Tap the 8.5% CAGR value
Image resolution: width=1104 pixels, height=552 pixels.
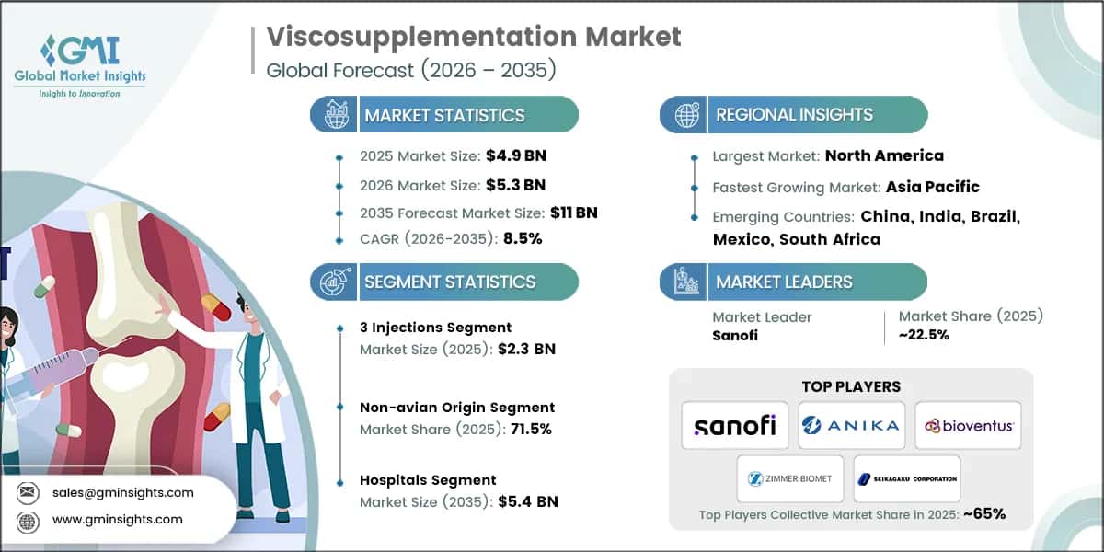coord(523,238)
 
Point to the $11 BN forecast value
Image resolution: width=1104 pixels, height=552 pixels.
coord(574,213)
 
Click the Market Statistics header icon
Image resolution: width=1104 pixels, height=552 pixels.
coord(334,115)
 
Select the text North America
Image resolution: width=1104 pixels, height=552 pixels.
coord(884,155)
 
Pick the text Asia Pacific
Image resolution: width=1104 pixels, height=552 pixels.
coord(932,187)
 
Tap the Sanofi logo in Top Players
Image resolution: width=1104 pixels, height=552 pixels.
coord(734,425)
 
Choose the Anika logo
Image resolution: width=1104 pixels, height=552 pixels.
coord(851,425)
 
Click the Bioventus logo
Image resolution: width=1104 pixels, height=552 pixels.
coord(968,425)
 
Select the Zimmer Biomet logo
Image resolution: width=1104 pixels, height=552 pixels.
coord(790,478)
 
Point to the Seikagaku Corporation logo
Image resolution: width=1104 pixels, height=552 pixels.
coord(907,478)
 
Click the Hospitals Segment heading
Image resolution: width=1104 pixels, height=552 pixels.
coord(428,480)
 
